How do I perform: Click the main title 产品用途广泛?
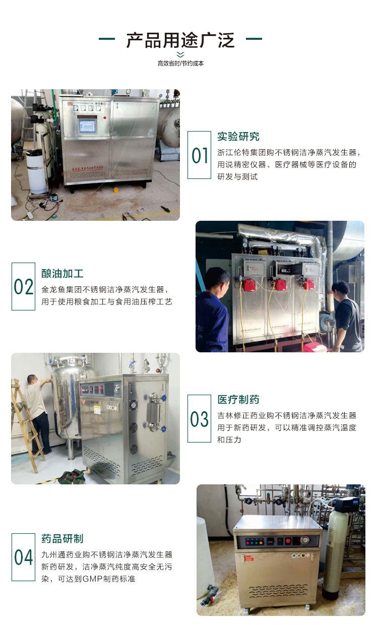point(180,40)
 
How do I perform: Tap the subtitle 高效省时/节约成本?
point(180,64)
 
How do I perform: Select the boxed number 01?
point(199,155)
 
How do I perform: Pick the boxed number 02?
point(23,286)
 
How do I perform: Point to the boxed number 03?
point(199,419)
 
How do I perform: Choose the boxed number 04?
point(23,557)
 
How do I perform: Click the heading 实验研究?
point(238,137)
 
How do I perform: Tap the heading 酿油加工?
point(62,274)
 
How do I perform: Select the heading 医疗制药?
point(238,400)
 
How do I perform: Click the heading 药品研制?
point(62,539)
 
